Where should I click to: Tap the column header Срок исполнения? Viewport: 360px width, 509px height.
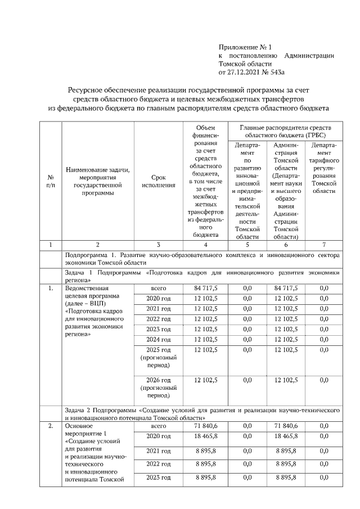(158, 181)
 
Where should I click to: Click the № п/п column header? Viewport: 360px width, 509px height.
(51, 181)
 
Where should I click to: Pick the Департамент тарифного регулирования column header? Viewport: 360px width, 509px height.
(323, 168)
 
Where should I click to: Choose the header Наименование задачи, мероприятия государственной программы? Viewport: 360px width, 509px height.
(97, 181)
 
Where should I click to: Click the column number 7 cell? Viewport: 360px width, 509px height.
(323, 245)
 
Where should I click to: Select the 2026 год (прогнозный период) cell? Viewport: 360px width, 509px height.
(158, 388)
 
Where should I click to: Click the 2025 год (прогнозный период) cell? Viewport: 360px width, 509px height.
(158, 357)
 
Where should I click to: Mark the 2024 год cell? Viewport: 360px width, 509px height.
(158, 339)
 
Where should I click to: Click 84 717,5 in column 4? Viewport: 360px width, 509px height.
(206, 288)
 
